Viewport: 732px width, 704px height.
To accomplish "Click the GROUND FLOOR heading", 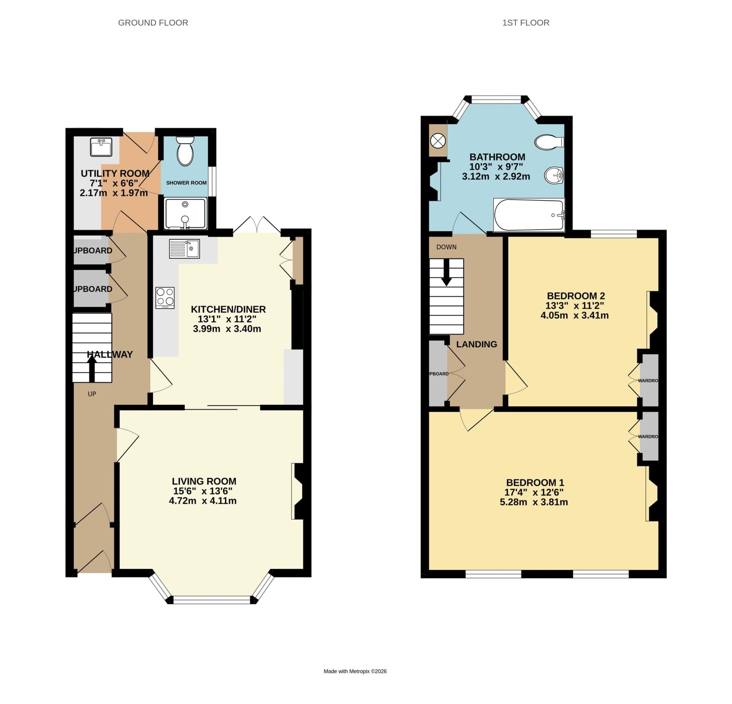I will tap(153, 23).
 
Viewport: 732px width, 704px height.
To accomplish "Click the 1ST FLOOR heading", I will tap(526, 23).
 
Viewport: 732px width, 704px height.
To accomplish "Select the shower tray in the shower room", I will tap(185, 213).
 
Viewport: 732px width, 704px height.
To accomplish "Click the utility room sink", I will tap(101, 147).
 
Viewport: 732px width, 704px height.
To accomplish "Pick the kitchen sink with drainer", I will tap(184, 249).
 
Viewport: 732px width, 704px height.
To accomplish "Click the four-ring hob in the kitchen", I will tap(165, 297).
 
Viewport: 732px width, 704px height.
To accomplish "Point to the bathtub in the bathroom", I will tap(529, 215).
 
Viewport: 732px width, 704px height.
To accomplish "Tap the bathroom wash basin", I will tap(553, 175).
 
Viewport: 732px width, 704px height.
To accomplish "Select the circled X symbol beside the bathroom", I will tap(438, 141).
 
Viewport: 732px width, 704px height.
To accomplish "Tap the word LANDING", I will tap(476, 344).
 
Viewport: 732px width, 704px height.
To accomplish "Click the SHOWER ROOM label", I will tap(186, 183).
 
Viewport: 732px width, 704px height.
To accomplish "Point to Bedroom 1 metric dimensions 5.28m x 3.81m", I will tap(534, 502).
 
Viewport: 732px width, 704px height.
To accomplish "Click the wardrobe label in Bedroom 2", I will tap(648, 381).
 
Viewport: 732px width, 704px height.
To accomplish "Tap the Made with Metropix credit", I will tap(355, 671).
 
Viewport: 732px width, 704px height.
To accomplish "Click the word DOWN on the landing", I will tap(446, 247).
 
